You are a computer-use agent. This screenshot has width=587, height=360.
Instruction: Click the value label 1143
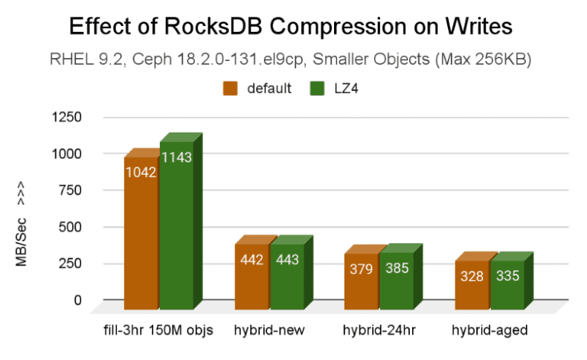pyautogui.click(x=176, y=157)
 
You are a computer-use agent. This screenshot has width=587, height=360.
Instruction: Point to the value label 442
pyautogui.click(x=251, y=260)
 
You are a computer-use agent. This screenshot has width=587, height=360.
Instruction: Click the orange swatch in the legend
pyautogui.click(x=230, y=89)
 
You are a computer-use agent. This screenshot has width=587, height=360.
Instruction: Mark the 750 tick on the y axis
pyautogui.click(x=71, y=190)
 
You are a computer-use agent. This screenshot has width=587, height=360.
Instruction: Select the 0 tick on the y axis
pyautogui.click(x=77, y=300)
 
